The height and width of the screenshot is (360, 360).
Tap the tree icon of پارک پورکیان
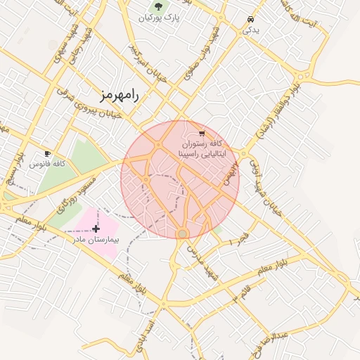(x=158, y=6)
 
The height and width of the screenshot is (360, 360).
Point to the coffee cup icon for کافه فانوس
(x=47, y=153)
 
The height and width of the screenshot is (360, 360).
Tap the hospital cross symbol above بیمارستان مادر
(x=96, y=229)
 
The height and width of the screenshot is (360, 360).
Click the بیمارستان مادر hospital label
(x=96, y=240)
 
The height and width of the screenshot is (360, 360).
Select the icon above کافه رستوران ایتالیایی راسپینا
(x=202, y=132)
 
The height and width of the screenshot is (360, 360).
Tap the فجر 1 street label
(x=239, y=238)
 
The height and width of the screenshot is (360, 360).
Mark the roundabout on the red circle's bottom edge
(x=183, y=233)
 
